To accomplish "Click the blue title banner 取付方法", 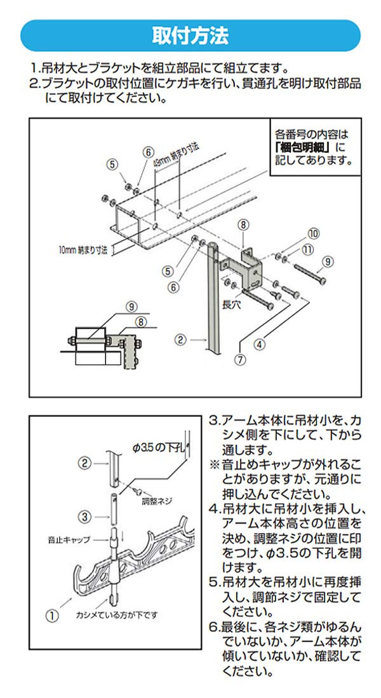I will (x=190, y=36).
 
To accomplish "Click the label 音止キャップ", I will (x=69, y=540).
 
